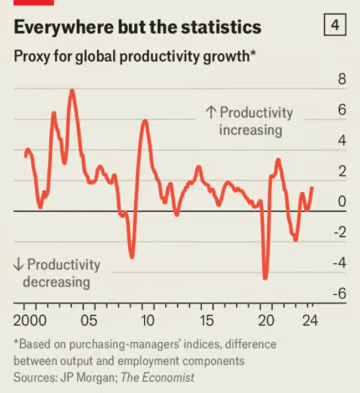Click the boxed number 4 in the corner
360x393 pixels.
335,24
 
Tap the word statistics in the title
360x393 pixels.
222,27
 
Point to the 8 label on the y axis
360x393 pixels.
342,79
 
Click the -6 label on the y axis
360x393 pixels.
340,293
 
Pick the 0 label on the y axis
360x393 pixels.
342,201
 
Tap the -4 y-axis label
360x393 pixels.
340,263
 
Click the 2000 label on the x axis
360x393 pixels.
30,320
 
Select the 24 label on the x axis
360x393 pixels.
310,320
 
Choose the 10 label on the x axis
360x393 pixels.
147,320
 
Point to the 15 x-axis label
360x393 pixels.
207,320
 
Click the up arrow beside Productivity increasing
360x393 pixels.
210,112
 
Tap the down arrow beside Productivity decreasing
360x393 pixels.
18,264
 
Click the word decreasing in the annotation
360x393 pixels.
56,282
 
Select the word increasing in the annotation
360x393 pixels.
251,130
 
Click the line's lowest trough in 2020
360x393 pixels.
265,278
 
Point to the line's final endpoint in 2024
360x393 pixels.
312,188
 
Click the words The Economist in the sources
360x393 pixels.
157,377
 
